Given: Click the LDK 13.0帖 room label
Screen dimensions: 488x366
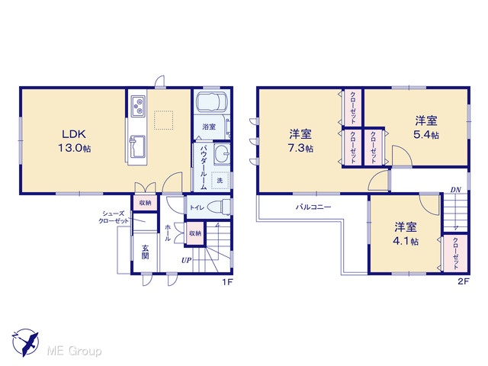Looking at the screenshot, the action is pyautogui.click(x=75, y=141).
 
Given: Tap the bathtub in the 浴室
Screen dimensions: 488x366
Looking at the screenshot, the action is pyautogui.click(x=212, y=102).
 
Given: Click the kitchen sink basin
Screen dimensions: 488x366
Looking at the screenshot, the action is pyautogui.click(x=137, y=147).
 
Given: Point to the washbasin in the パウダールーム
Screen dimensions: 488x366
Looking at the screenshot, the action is pyautogui.click(x=222, y=154).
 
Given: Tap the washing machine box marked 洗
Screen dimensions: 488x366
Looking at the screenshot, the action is pyautogui.click(x=220, y=180).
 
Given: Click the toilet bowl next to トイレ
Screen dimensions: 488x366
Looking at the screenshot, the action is pyautogui.click(x=219, y=207).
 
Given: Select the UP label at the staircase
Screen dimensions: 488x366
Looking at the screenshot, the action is pyautogui.click(x=186, y=260).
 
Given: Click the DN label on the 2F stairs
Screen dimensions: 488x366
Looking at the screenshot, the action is pyautogui.click(x=456, y=190).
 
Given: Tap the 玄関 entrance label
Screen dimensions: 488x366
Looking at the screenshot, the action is pyautogui.click(x=146, y=252).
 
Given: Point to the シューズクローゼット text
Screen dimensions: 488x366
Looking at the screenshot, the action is pyautogui.click(x=114, y=217).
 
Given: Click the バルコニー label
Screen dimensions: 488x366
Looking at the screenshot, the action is pyautogui.click(x=313, y=207).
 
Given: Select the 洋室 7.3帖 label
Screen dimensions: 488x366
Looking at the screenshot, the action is pyautogui.click(x=300, y=141).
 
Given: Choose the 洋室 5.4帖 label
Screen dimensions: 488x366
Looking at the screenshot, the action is pyautogui.click(x=426, y=127).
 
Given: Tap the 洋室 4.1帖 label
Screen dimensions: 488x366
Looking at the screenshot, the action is pyautogui.click(x=406, y=233).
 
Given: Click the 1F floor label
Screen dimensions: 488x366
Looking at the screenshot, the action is pyautogui.click(x=227, y=282).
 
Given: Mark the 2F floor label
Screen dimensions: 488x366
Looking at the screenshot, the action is pyautogui.click(x=464, y=281).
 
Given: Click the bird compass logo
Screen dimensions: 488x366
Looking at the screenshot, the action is pyautogui.click(x=26, y=342).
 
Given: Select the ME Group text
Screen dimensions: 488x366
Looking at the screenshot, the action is pyautogui.click(x=74, y=352).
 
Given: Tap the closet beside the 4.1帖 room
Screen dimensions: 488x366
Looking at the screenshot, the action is pyautogui.click(x=456, y=253).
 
